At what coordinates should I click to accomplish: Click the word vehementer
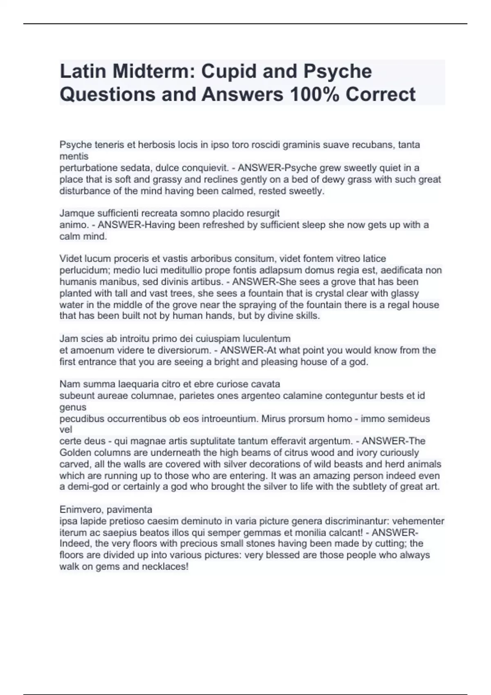tap(419, 521)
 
